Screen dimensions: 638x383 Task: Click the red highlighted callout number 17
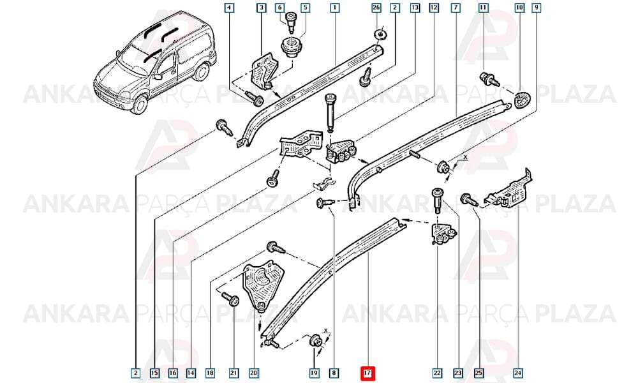(367, 372)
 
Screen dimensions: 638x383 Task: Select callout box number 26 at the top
(376, 8)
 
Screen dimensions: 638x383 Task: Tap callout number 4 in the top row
(229, 8)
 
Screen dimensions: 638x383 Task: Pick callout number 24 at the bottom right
(517, 372)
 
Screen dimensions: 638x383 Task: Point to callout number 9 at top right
(537, 8)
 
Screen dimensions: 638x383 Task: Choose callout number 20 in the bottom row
(253, 372)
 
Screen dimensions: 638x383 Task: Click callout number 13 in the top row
(415, 8)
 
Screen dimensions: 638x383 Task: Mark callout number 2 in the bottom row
(136, 372)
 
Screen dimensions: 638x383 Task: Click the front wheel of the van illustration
(139, 105)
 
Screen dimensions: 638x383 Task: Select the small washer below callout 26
(380, 34)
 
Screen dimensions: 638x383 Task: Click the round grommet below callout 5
(292, 46)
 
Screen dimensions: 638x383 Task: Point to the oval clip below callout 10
(521, 100)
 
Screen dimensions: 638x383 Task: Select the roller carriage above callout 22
(442, 235)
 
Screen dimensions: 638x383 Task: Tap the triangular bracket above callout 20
(262, 285)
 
